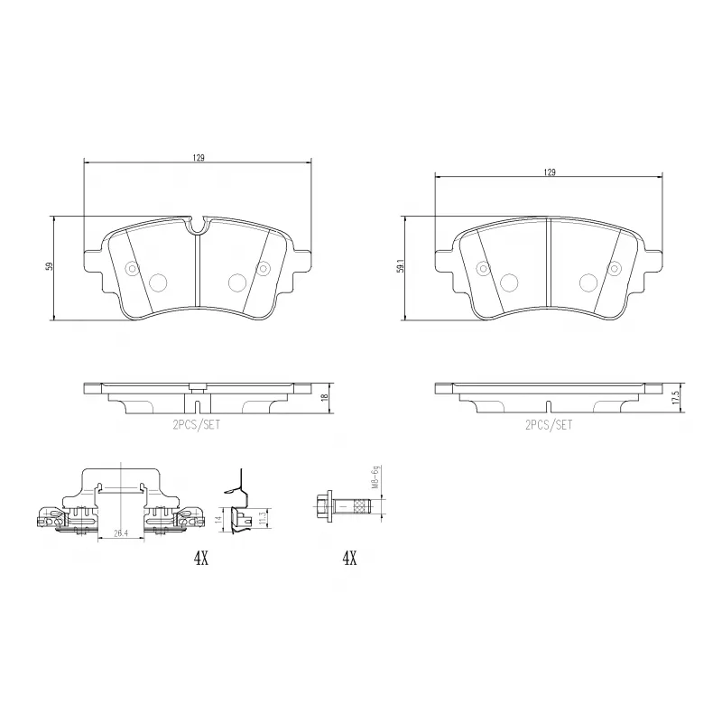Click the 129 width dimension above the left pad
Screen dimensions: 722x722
197,158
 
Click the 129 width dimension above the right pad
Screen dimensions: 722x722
549,171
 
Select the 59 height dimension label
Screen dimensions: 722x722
51,266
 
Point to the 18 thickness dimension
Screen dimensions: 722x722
324,397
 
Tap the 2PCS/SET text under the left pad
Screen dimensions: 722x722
197,422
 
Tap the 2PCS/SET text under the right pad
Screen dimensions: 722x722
548,422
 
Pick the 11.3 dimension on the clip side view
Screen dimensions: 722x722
261,516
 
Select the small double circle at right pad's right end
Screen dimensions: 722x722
615,268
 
